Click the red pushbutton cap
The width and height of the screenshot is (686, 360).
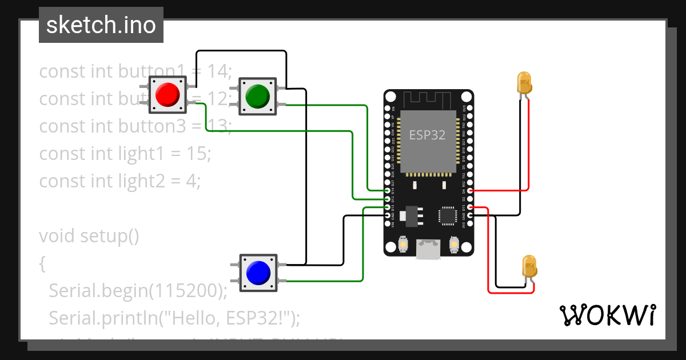(167, 94)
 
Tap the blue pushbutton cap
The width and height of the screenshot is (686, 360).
(257, 273)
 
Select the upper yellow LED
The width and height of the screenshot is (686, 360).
(524, 83)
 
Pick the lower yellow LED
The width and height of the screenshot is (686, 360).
(530, 267)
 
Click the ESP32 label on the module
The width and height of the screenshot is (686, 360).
(428, 135)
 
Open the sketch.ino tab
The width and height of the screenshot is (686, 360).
(101, 25)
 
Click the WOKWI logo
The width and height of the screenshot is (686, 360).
(607, 315)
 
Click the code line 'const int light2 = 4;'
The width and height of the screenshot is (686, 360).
(120, 181)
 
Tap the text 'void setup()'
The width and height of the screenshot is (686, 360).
(89, 236)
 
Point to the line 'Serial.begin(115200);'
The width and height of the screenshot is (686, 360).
(138, 290)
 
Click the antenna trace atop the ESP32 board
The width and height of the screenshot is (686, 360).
(429, 100)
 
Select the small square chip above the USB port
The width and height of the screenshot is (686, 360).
(446, 215)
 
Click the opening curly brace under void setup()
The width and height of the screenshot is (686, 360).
(42, 263)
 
